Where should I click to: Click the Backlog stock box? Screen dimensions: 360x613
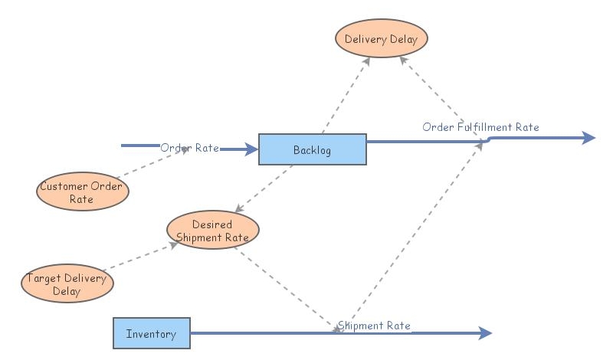312,149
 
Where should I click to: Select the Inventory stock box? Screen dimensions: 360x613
151,334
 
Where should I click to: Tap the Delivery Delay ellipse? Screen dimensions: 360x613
381,40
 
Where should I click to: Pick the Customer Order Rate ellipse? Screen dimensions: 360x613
82,191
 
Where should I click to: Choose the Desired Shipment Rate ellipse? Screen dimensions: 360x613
212,231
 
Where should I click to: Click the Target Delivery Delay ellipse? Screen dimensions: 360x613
67,284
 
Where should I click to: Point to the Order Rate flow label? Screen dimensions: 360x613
190,147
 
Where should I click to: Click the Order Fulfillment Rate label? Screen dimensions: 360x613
480,127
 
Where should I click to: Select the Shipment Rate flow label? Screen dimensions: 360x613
375,326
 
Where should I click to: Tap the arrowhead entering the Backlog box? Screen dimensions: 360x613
251,149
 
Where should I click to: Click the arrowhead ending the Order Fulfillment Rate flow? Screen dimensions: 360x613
588,138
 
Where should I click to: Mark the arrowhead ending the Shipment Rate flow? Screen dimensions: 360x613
484,333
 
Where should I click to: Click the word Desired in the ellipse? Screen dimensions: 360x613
212,224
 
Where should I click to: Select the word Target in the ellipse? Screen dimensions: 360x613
43,278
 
